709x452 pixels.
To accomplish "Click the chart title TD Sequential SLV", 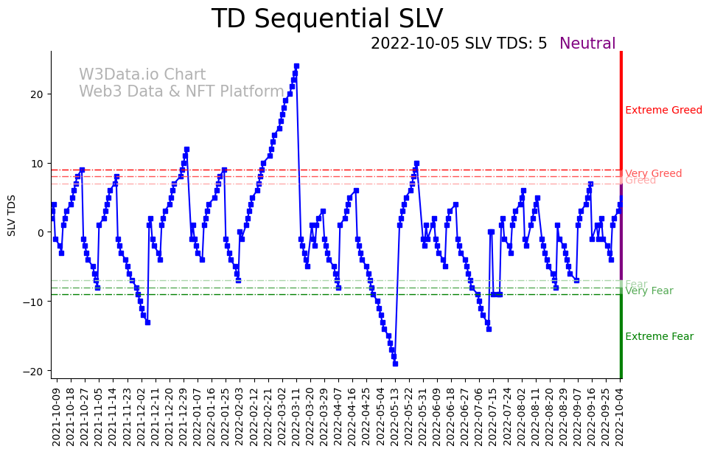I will click(x=327, y=19).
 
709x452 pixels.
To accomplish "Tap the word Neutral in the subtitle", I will click(x=587, y=44).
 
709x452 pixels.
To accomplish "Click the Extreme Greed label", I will click(x=663, y=111).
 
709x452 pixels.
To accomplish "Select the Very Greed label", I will click(x=653, y=173).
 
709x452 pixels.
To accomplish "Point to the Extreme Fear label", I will click(x=659, y=337).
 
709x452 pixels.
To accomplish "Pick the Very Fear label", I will click(x=649, y=291).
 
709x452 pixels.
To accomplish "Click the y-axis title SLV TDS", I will click(x=12, y=215).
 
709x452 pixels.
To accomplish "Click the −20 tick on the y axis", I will click(x=35, y=371).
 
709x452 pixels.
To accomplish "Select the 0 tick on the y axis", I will click(x=41, y=232).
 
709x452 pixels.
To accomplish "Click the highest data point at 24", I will click(x=296, y=66).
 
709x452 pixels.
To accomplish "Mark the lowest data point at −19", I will click(x=395, y=364).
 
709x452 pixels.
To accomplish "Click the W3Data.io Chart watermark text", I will click(x=142, y=75).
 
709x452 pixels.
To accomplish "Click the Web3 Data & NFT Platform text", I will click(x=181, y=91).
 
